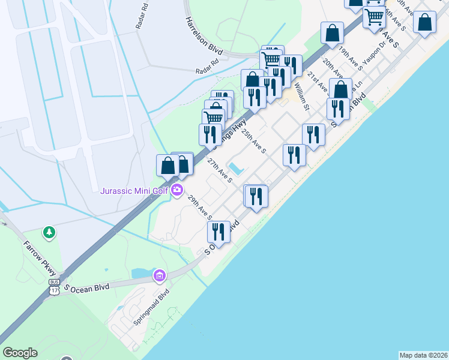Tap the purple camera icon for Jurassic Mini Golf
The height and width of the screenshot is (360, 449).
click(x=177, y=191)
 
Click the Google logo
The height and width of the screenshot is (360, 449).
click(x=20, y=353)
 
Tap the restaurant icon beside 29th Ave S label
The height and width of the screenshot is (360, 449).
click(x=218, y=232)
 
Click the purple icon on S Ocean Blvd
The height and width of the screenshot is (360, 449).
click(x=160, y=276)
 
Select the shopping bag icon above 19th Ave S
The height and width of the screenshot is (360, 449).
click(x=332, y=33)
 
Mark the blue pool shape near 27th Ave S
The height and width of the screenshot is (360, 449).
click(x=236, y=169)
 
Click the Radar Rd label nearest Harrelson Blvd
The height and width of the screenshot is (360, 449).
click(x=208, y=71)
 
